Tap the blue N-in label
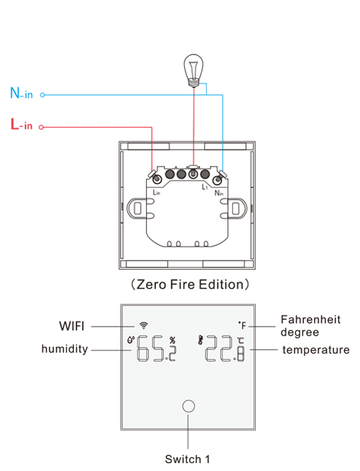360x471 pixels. click(21, 93)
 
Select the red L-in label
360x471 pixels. click(21, 124)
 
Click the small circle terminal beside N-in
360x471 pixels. click(43, 95)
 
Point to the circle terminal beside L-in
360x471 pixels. click(41, 127)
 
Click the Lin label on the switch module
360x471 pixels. click(157, 192)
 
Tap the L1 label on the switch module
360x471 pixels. click(205, 187)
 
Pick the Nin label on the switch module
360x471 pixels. click(219, 193)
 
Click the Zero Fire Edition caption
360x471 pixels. click(190, 284)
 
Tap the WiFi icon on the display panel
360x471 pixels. click(144, 325)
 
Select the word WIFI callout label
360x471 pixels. click(72, 326)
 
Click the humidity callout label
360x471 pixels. click(64, 349)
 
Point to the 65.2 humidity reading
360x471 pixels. click(156, 348)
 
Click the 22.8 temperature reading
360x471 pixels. click(225, 348)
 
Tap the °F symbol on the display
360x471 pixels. click(242, 325)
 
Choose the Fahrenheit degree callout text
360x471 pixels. click(310, 326)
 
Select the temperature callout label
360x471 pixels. click(316, 350)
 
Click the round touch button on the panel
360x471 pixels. click(189, 406)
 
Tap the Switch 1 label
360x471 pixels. click(187, 459)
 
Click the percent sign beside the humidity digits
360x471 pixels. click(172, 340)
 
